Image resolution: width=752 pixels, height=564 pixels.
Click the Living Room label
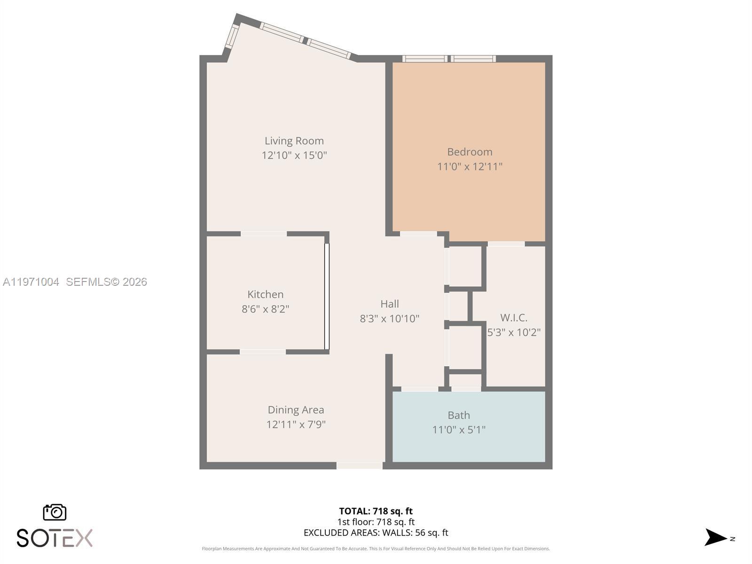click(294, 141)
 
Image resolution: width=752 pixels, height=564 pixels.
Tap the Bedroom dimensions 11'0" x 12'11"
click(470, 166)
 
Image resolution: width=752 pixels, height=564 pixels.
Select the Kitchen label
click(266, 294)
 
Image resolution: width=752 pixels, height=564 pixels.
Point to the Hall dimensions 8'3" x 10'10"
click(390, 319)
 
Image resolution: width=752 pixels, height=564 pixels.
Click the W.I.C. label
click(513, 318)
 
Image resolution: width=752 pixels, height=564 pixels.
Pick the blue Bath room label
click(459, 415)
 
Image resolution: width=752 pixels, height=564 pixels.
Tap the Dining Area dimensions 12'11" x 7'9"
click(296, 424)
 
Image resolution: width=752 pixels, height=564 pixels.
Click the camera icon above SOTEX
click(55, 512)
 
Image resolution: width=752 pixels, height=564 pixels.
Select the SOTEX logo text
click(55, 538)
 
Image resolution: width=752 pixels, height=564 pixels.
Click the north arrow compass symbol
click(716, 537)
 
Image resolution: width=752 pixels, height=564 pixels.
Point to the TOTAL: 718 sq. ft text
click(376, 511)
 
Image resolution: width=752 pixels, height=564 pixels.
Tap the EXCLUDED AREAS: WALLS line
click(376, 533)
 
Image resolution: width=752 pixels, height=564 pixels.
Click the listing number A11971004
click(31, 282)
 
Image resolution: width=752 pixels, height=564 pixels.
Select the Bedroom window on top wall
click(449, 59)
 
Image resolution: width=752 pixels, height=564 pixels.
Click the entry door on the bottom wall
click(359, 465)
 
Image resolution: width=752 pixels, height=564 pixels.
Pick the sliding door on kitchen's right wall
click(327, 296)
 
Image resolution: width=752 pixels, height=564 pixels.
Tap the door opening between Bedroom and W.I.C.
click(506, 244)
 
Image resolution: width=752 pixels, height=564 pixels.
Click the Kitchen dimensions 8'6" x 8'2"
click(266, 309)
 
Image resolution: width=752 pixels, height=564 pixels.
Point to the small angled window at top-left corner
click(232, 37)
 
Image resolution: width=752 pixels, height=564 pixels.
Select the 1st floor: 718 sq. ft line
click(376, 522)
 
